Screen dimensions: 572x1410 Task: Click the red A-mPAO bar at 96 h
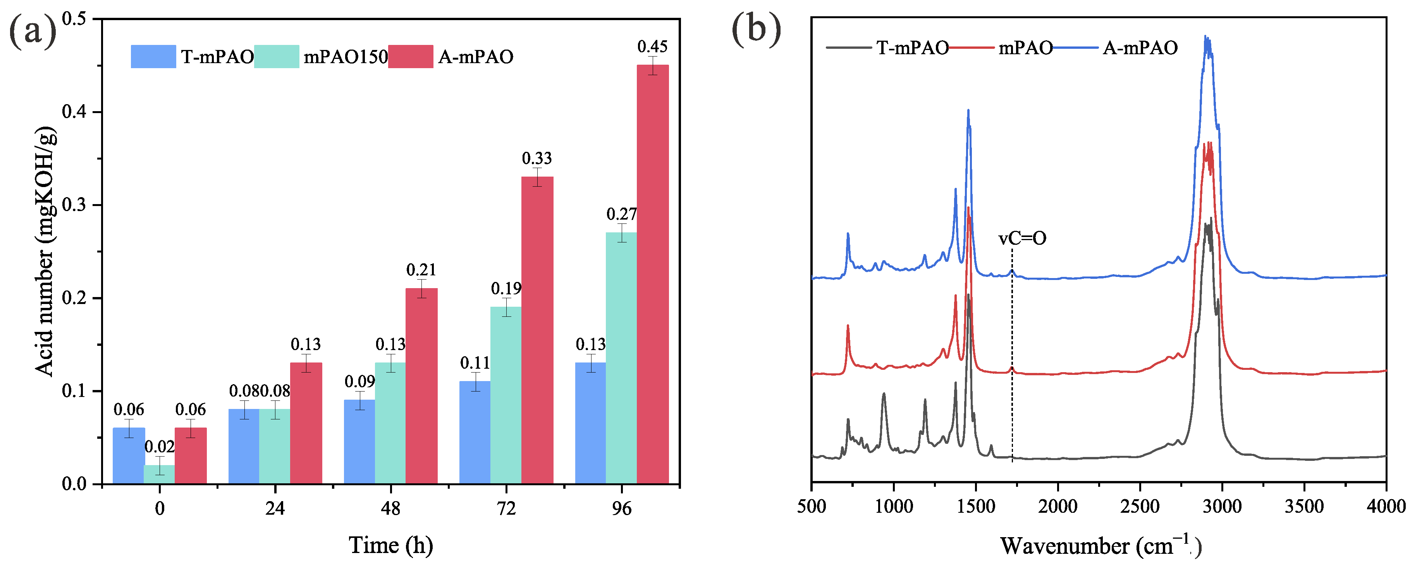[x=652, y=274]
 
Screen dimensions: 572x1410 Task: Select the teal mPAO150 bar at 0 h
[x=159, y=474]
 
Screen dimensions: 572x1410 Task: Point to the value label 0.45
[x=652, y=47]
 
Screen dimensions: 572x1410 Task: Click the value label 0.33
[x=536, y=159]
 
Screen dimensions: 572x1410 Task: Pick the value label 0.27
[x=621, y=214]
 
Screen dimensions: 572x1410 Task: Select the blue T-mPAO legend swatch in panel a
[x=153, y=57]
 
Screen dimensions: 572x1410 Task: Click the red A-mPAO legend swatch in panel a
[x=411, y=57]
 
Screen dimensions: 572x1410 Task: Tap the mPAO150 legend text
[x=346, y=57]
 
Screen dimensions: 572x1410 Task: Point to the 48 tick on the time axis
[x=390, y=508]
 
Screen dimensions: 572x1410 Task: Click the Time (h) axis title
[x=391, y=545]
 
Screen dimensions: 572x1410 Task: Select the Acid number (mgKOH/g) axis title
[x=45, y=252]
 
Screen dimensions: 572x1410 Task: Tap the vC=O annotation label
[x=1022, y=238]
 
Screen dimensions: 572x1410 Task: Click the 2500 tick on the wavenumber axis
[x=1140, y=506]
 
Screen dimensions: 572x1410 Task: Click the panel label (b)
[x=756, y=28]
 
